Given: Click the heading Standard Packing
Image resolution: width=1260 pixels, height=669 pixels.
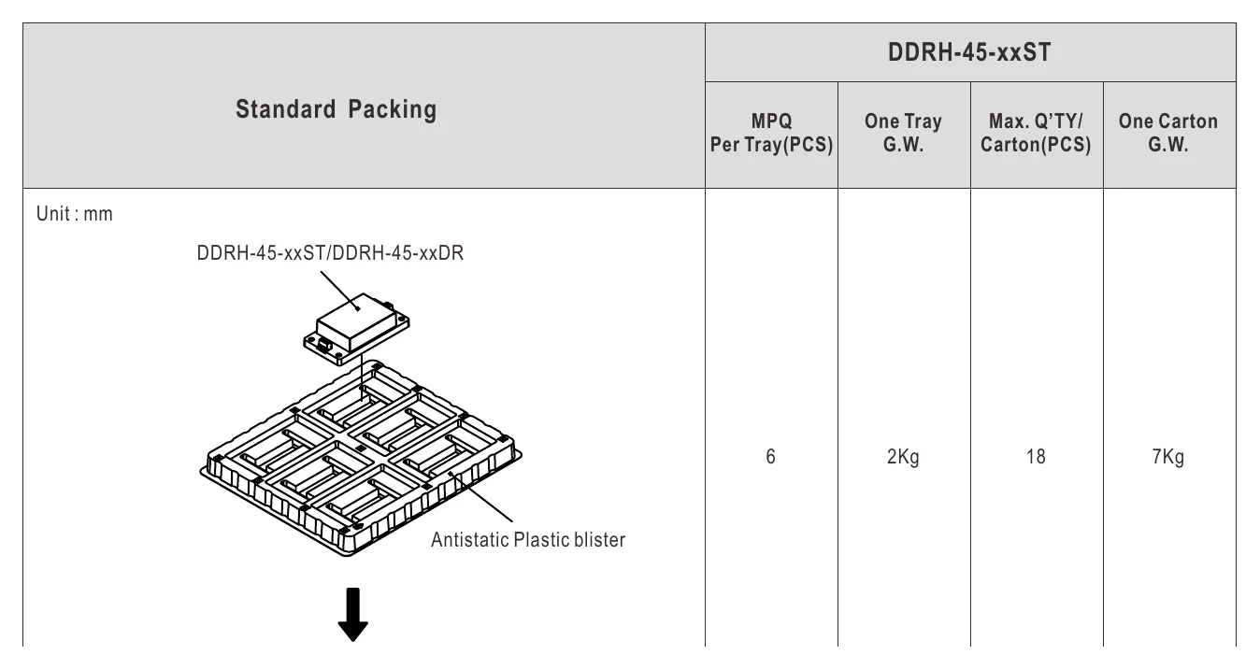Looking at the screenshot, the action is pos(336,109).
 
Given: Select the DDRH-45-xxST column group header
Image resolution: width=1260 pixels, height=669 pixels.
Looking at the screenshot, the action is pos(969,52).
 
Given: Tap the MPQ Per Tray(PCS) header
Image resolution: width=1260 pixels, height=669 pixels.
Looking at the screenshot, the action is pos(771,133).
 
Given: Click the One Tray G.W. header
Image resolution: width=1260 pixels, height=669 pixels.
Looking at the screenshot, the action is pos(903,133).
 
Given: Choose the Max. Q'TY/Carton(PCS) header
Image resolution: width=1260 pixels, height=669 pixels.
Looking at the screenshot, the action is pos(1036,133).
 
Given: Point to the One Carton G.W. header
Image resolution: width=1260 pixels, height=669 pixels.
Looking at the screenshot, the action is pos(1168,133).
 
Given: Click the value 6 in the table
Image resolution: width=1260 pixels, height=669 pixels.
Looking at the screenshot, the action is pos(770,457).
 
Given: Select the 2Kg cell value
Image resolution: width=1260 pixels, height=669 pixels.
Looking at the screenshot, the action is pos(903,457).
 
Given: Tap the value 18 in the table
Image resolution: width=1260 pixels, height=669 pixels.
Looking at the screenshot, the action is pos(1036,457).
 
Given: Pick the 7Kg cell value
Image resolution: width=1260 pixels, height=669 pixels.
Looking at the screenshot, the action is pos(1168,457).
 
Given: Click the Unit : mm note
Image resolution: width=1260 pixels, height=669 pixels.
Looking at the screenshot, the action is pos(74,214).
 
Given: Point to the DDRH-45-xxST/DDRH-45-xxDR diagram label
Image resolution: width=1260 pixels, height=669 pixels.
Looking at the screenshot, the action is pos(330,253).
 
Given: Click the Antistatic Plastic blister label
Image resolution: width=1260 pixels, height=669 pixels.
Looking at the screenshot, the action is pos(528,540).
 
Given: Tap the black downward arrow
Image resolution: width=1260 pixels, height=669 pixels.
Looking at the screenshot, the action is pos(352,614).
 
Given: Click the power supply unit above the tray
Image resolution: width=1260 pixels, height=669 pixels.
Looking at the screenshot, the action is pos(357,328).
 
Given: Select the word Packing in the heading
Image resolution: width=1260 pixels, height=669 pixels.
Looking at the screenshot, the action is pos(392,109).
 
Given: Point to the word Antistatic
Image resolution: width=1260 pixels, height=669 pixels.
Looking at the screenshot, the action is pos(470,540).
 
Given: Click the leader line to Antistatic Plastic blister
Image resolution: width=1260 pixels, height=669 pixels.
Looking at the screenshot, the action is pos(481,497).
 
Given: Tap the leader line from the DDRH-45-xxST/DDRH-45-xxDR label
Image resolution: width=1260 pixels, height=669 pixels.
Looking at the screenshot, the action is pos(340,291).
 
